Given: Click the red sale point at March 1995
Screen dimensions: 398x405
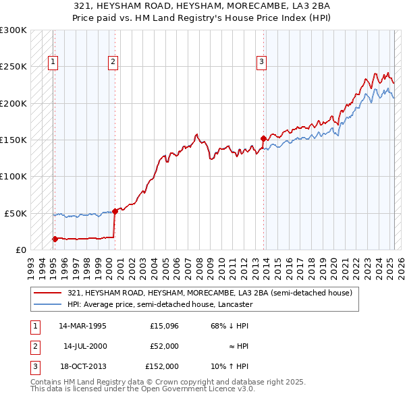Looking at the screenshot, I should pos(55,238).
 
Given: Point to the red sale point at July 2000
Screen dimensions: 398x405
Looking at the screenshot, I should pos(115,211).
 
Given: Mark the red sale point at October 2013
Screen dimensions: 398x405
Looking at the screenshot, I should pos(263,138).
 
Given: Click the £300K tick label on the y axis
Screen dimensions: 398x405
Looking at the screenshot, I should pos(13,30).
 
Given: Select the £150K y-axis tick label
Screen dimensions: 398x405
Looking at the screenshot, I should pos(13,140).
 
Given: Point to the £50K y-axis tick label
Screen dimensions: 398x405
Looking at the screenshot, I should pos(16,213).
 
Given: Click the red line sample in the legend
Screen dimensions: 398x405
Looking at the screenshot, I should pos(47,293).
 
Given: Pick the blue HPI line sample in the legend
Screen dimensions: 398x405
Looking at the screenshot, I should pos(47,304).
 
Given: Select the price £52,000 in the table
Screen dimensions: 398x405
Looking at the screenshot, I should pos(163,346).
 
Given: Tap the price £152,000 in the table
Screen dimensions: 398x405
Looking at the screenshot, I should pos(162,366).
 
